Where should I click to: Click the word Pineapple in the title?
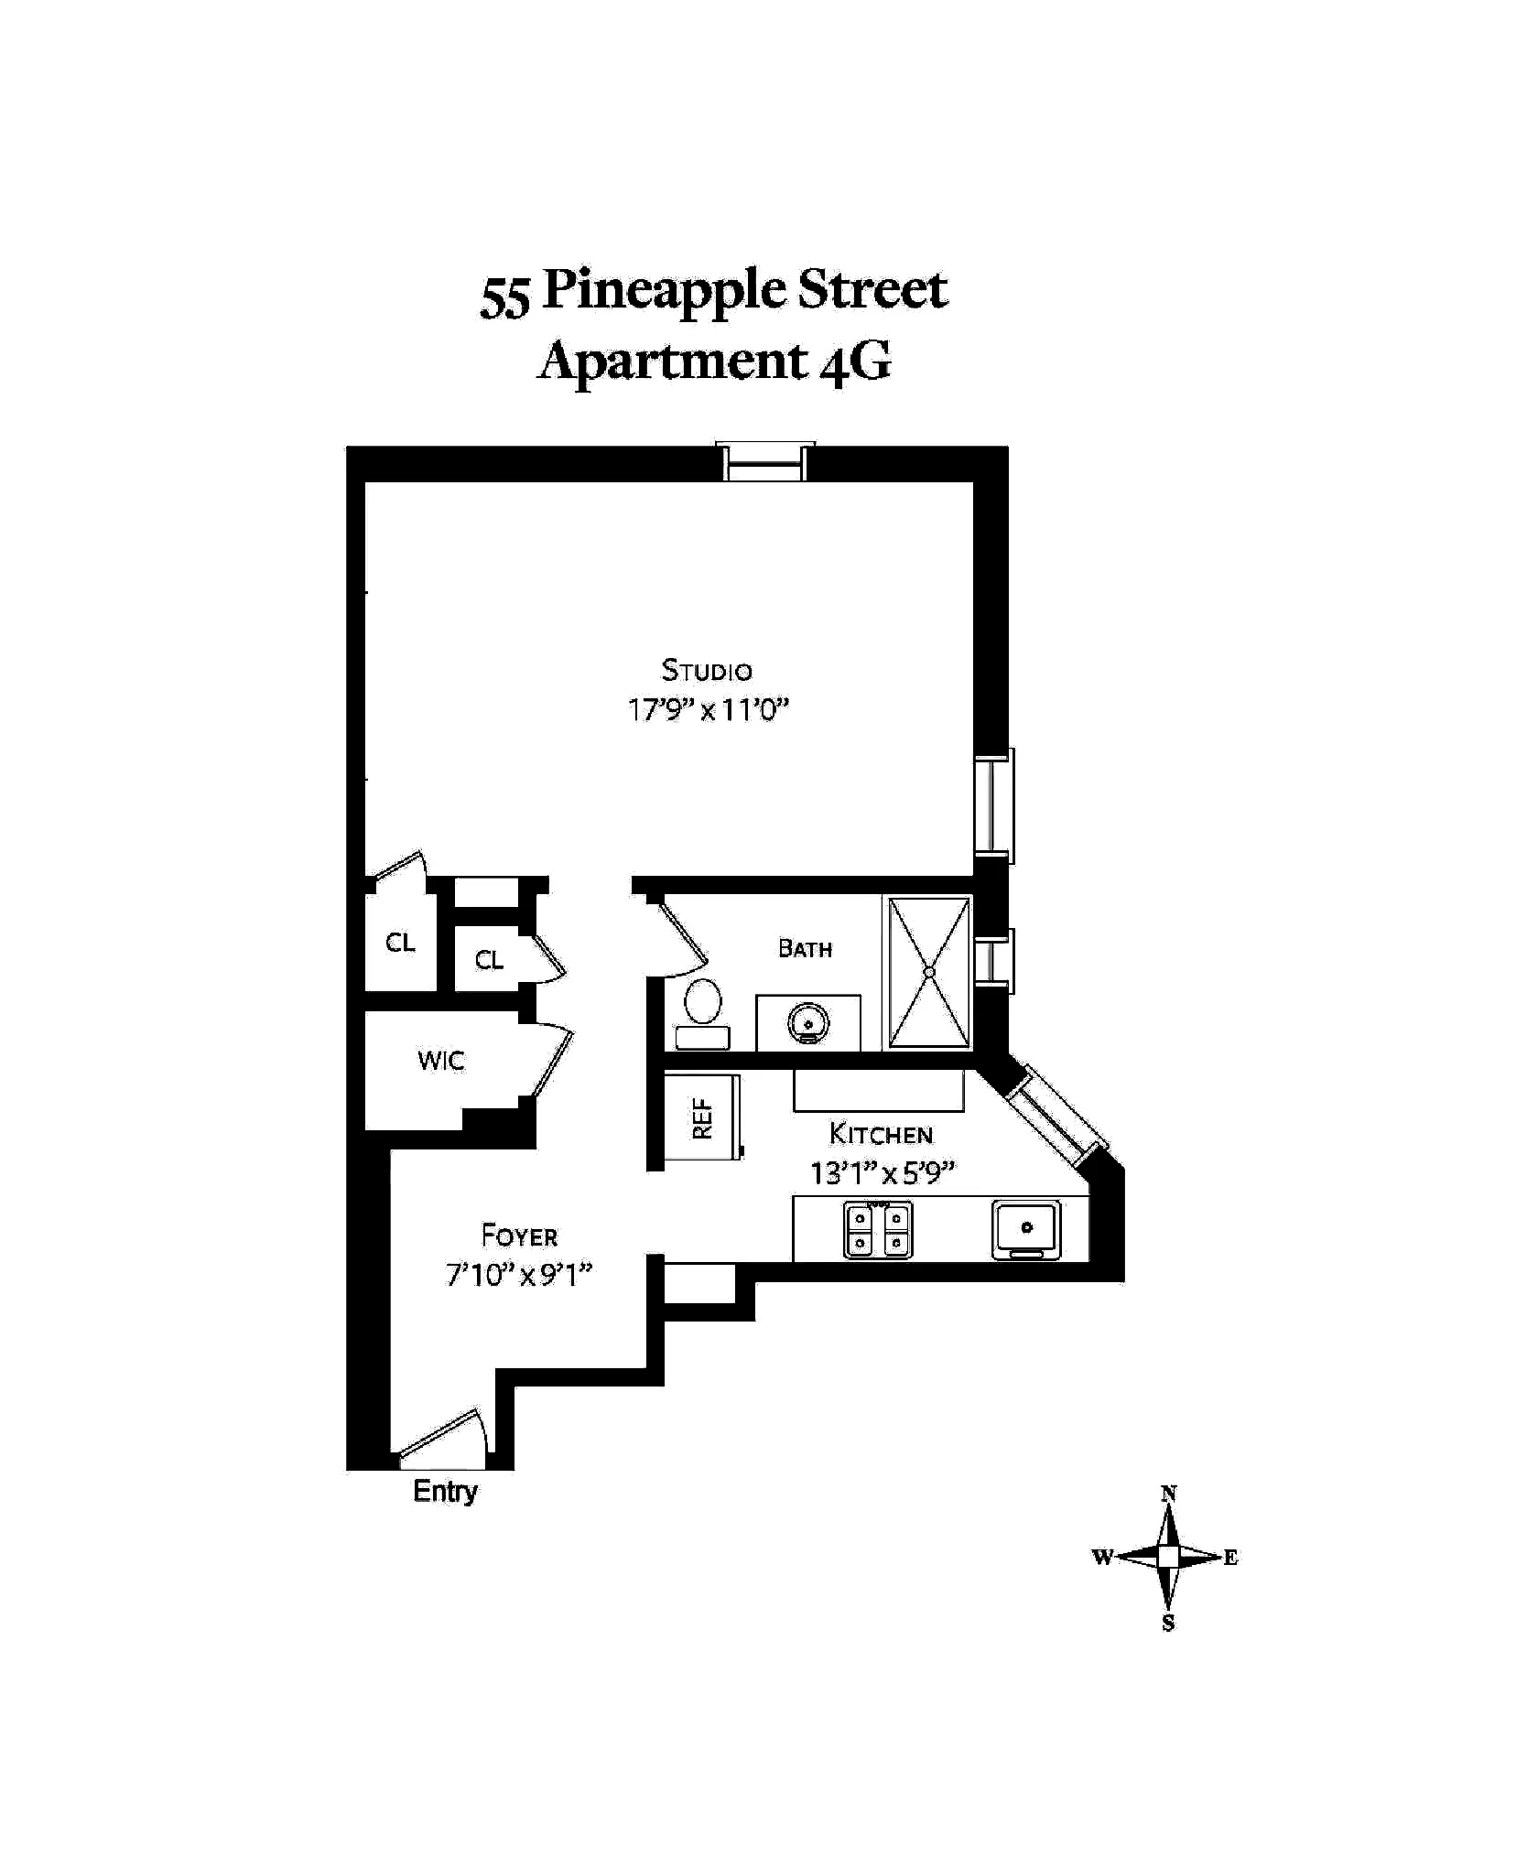coord(664,292)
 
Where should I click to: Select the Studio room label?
coord(707,671)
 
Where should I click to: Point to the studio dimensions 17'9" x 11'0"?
coord(708,710)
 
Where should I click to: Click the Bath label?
coord(805,949)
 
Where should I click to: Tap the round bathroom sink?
coord(807,1021)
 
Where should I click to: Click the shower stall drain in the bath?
coord(928,972)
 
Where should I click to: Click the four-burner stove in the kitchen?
coord(878,1231)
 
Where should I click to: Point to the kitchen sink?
coord(1026,1228)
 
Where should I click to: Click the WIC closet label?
coord(441,1062)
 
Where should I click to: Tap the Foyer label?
coord(519,1236)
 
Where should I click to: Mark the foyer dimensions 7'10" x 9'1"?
coord(519,1275)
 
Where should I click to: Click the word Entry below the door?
coord(445,1491)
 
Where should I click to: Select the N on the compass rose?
coord(1168,1494)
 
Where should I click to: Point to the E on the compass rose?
coord(1230,1557)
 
